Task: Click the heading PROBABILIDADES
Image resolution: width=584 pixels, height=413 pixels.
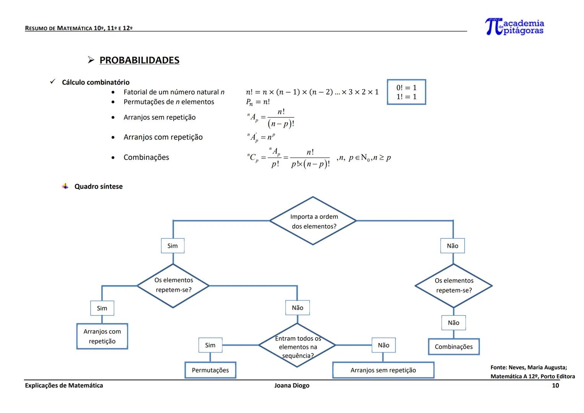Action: (x=139, y=60)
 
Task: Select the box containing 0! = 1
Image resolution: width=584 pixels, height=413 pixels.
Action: (x=406, y=92)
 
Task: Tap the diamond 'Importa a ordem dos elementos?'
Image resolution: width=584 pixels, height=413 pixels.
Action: (x=313, y=221)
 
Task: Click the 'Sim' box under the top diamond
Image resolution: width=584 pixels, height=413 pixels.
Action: (x=172, y=246)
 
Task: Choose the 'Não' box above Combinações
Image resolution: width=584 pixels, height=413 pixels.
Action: (x=453, y=323)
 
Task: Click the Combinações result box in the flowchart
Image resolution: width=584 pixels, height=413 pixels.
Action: (x=454, y=347)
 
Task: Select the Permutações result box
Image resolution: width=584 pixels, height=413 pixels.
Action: (x=210, y=370)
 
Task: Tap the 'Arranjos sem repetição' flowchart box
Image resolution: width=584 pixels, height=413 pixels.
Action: (x=383, y=370)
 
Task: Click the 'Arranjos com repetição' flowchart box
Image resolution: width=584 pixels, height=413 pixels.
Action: (x=102, y=337)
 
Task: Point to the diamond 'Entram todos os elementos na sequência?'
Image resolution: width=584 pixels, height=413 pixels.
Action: (x=297, y=346)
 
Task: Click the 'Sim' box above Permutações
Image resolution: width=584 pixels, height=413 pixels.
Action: (x=210, y=345)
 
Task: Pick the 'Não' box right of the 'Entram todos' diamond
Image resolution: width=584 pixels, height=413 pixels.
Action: (x=384, y=345)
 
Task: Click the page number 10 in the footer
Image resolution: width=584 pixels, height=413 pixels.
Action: (x=555, y=385)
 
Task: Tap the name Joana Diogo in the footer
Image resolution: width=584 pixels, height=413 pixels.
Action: (x=292, y=385)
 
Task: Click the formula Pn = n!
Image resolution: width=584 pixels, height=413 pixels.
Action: (x=258, y=102)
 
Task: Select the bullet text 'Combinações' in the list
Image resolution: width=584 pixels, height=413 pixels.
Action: (x=146, y=158)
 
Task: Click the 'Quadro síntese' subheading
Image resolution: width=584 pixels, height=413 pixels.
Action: (x=98, y=187)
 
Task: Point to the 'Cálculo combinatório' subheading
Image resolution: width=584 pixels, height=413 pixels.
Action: (x=96, y=82)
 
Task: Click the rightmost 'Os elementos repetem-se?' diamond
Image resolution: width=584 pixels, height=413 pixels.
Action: (x=454, y=286)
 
